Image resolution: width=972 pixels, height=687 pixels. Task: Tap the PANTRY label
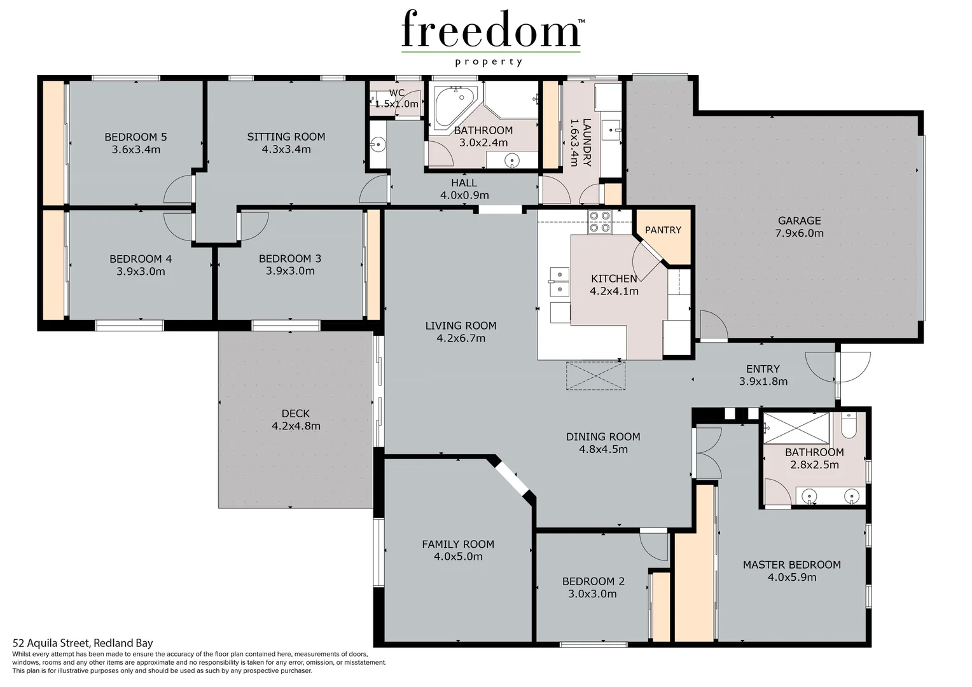(x=663, y=230)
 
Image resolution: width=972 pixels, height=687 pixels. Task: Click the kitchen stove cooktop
(x=599, y=221)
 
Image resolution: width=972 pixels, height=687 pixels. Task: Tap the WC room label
(x=396, y=93)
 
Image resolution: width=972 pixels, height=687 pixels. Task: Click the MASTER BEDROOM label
(x=791, y=565)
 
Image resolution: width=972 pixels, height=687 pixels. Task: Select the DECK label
(x=296, y=413)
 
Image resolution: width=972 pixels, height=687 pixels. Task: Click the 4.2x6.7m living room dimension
(x=461, y=338)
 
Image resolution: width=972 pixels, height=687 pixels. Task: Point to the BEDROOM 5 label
(x=135, y=137)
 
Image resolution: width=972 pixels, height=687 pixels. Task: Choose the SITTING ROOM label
(x=286, y=137)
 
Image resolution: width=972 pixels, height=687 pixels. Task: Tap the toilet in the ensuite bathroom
(x=849, y=425)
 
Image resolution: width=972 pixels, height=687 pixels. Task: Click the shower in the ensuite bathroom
(x=796, y=427)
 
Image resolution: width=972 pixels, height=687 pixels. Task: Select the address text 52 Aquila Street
(x=83, y=643)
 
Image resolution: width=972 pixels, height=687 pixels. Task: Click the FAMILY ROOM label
(x=458, y=545)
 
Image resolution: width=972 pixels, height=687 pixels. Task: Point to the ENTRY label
(x=763, y=369)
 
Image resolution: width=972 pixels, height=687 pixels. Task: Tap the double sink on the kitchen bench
(x=559, y=282)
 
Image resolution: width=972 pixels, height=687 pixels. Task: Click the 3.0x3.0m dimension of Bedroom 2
(x=592, y=594)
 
